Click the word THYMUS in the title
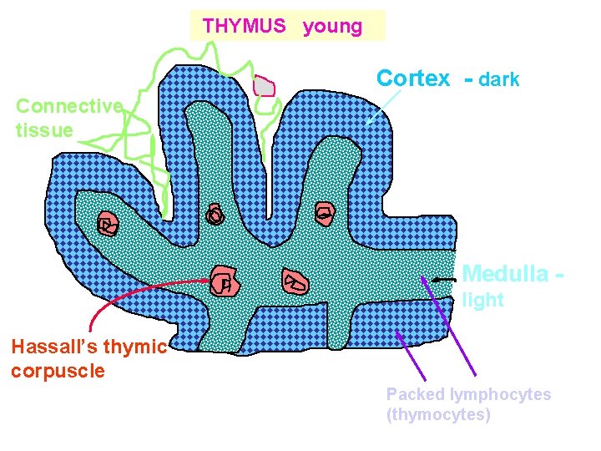244,26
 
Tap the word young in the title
332,26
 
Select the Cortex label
413,79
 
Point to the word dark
500,79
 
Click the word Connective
69,106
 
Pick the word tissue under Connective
44,129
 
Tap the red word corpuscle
58,371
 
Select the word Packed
415,394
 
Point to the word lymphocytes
500,394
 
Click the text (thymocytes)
438,414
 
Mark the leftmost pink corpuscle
107,224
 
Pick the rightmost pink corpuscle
323,214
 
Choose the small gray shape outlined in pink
265,86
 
